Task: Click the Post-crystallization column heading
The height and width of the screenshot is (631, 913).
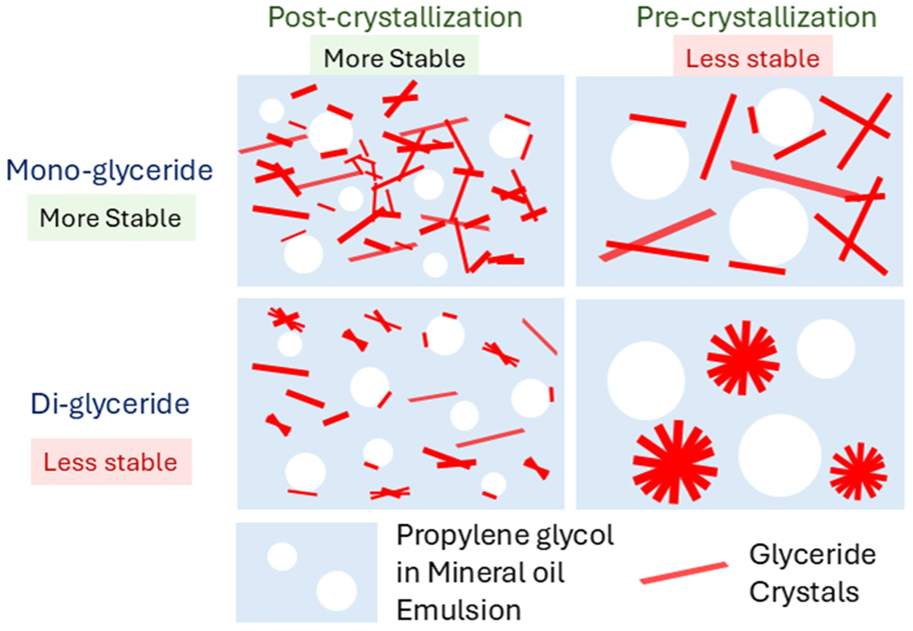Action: [x=395, y=18]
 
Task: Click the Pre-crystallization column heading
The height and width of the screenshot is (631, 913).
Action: [x=756, y=18]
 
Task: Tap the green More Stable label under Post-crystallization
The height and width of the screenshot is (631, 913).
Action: [x=394, y=59]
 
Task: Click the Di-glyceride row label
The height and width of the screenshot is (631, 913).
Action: [x=110, y=404]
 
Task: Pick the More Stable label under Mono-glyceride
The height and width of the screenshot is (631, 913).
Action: [x=111, y=218]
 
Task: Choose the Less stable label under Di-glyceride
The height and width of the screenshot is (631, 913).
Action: [x=111, y=462]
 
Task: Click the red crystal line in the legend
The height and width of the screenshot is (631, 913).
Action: [x=683, y=572]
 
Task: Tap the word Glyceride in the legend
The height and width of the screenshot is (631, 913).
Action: [x=812, y=555]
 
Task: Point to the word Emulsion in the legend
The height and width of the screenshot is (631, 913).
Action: [x=458, y=610]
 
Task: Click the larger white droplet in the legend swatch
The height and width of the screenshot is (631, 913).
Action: [x=336, y=591]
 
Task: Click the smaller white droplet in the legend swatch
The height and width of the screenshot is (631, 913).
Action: [x=282, y=556]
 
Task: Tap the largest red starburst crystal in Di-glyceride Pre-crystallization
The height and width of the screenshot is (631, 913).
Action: [x=675, y=462]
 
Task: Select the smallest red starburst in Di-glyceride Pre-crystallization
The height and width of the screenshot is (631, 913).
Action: [x=858, y=472]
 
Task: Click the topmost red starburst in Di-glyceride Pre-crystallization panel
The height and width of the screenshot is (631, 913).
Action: [x=743, y=358]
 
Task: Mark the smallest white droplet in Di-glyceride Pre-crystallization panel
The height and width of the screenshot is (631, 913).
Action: [x=826, y=349]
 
